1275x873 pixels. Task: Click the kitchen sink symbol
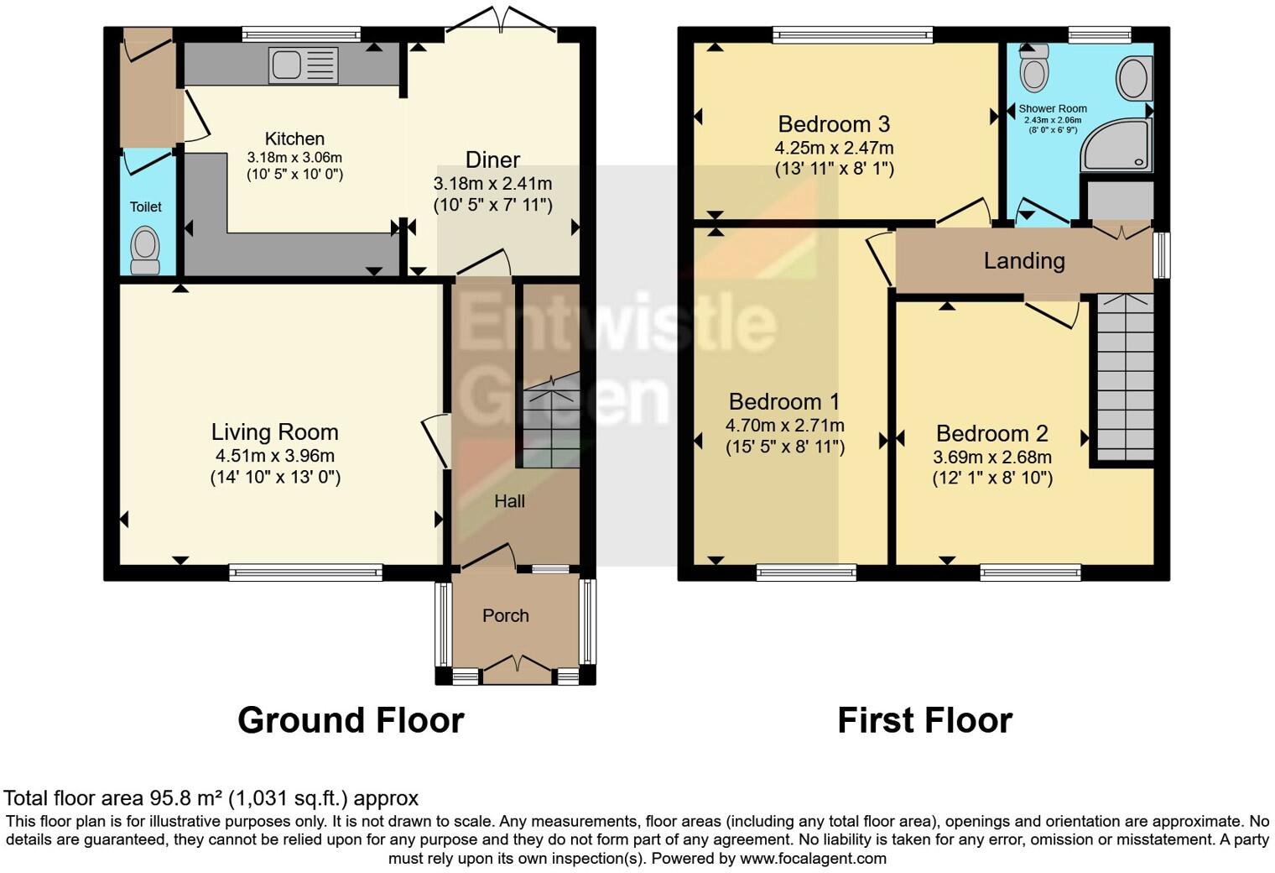click(x=303, y=65)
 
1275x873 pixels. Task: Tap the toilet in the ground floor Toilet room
click(x=145, y=252)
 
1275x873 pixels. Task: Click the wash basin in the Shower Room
click(x=1134, y=77)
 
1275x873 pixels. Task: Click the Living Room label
click(x=274, y=432)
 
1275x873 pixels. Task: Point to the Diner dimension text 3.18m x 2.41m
click(x=492, y=183)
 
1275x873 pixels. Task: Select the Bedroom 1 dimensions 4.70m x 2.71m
click(x=784, y=426)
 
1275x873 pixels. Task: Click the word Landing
click(x=1023, y=261)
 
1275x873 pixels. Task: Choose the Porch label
click(x=505, y=615)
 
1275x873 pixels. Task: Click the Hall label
click(x=509, y=501)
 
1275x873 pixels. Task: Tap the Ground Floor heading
click(x=351, y=720)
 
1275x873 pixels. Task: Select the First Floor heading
click(x=924, y=720)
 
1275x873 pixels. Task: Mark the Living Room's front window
click(x=306, y=573)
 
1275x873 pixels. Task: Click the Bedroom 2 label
click(x=991, y=434)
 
